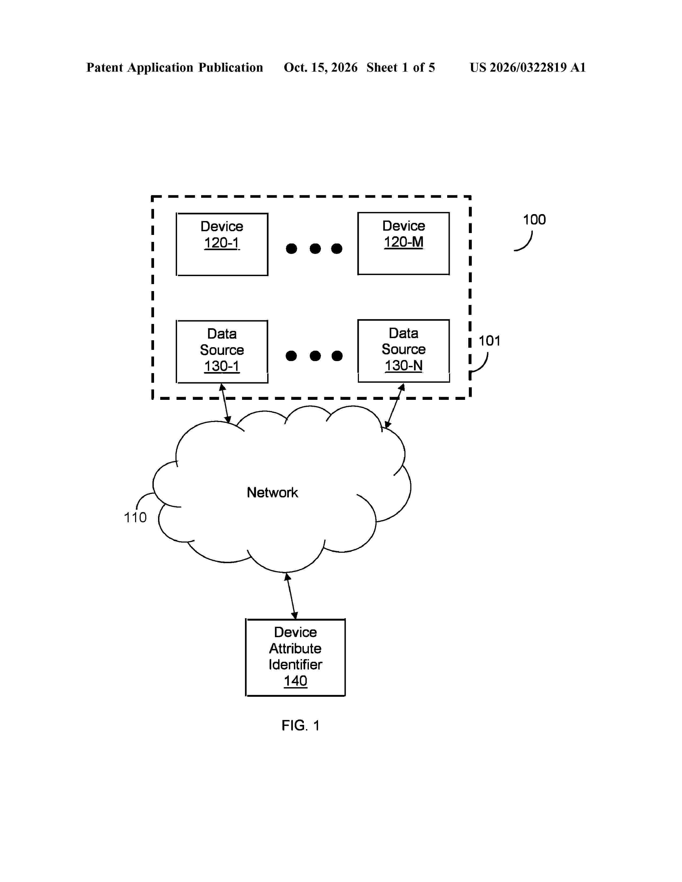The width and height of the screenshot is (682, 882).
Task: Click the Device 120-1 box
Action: tap(222, 244)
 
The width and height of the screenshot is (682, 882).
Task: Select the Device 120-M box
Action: tap(404, 243)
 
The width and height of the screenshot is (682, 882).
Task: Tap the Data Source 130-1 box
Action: tap(222, 351)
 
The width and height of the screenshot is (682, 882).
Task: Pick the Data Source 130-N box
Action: tap(404, 351)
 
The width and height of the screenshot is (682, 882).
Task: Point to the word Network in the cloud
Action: tap(272, 492)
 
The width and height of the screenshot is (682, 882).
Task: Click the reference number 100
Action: tap(534, 220)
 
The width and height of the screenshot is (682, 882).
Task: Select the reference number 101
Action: tap(489, 341)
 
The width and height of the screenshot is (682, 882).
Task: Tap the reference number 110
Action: tap(135, 517)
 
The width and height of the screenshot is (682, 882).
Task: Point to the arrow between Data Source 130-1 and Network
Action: tap(225, 403)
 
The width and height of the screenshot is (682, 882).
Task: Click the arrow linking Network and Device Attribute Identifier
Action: tap(291, 596)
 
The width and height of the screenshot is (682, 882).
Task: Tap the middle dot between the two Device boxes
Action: tap(315, 248)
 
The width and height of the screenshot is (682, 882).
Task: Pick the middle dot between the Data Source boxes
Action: tap(315, 356)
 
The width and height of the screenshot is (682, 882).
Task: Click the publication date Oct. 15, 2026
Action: tap(320, 67)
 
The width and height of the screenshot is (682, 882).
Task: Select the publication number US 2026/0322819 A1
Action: tap(528, 67)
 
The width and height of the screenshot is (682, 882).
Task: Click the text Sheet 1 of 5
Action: tap(401, 67)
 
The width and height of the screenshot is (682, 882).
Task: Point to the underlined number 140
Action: tap(295, 681)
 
